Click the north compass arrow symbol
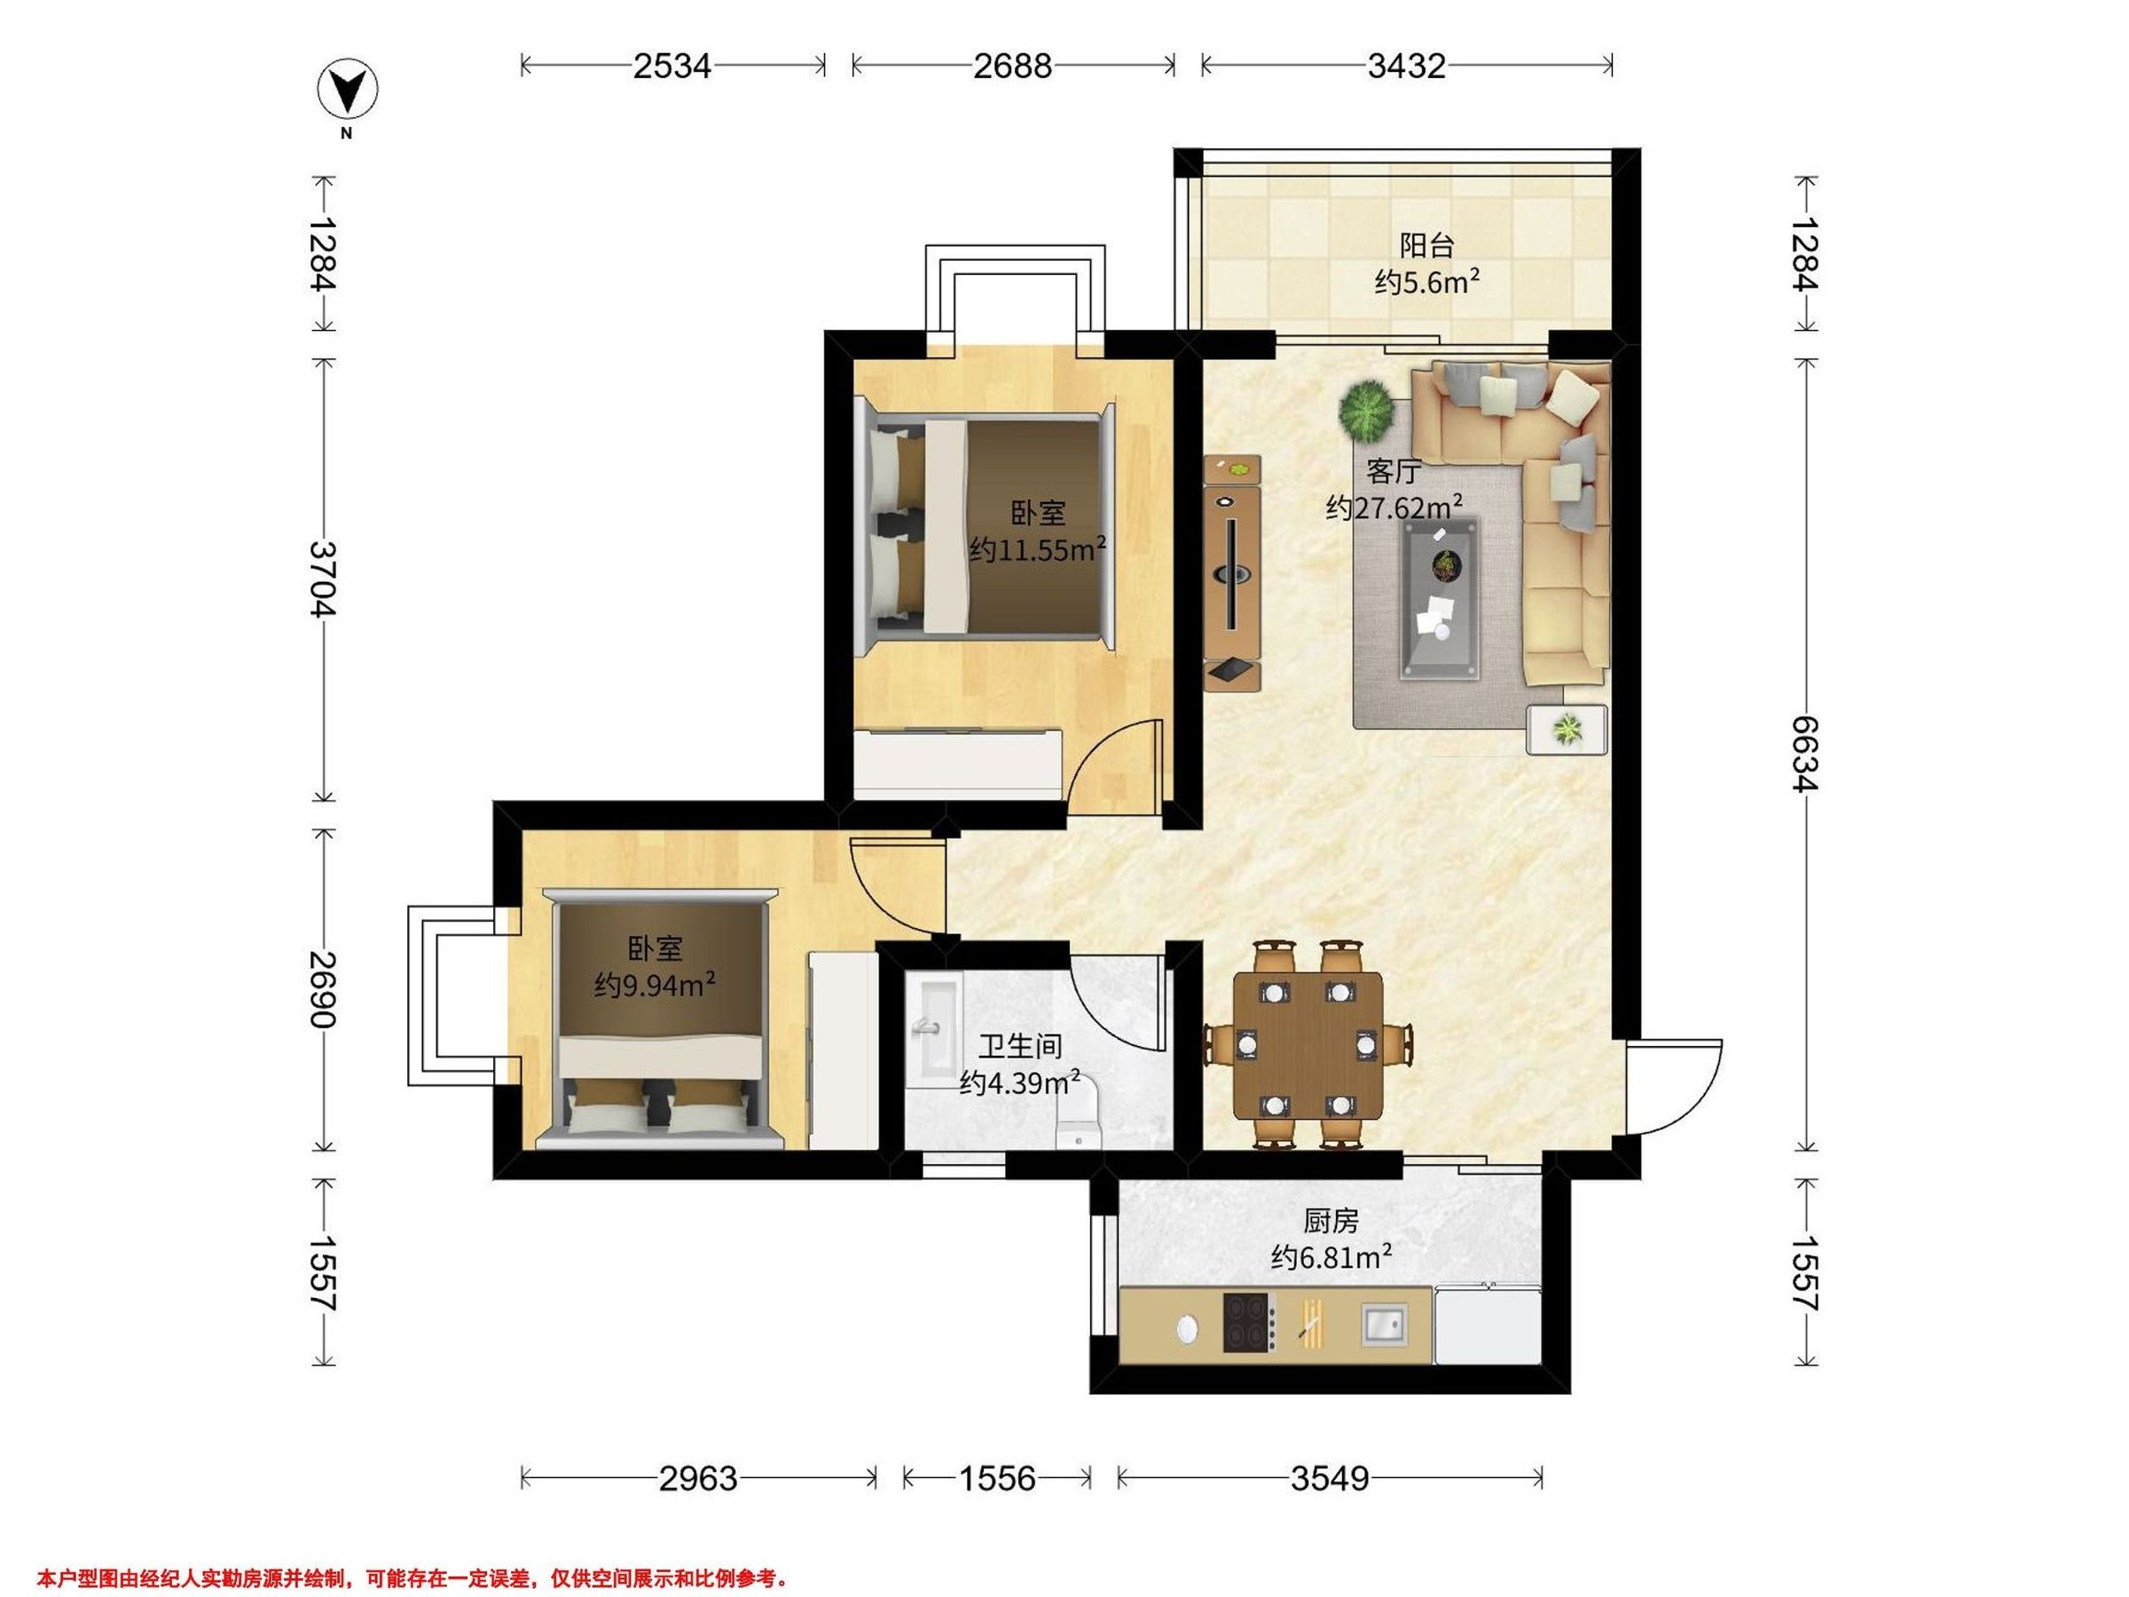(348, 90)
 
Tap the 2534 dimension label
(672, 66)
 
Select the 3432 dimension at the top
(1406, 66)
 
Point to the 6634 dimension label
(1805, 755)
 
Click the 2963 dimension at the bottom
(698, 1477)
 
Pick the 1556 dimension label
(997, 1477)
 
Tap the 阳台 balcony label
(1426, 246)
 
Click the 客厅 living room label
(1394, 472)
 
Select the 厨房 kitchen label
(1332, 1222)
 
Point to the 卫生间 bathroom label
(1020, 1045)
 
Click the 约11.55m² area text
(1038, 548)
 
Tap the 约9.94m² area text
(655, 985)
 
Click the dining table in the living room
(1308, 1044)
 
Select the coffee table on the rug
(1440, 598)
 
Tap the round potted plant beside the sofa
(1366, 409)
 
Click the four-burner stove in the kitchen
(1249, 1323)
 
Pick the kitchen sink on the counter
(1384, 1324)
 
